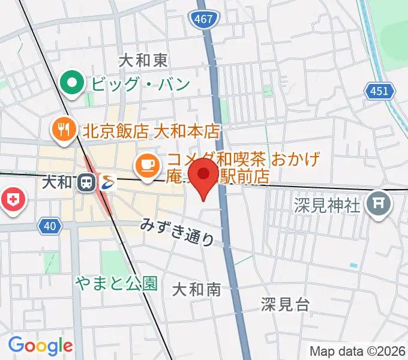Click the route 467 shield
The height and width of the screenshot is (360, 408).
[204, 20]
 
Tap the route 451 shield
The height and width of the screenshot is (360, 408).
[380, 91]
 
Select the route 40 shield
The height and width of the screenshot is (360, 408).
[50, 226]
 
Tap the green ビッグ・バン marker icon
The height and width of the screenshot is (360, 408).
[74, 83]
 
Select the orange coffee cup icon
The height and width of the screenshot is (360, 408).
[147, 164]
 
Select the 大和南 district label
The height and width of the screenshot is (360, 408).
[196, 290]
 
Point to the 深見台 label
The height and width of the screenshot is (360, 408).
[286, 304]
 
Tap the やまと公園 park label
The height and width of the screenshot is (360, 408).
[116, 283]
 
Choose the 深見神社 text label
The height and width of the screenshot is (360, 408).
[328, 206]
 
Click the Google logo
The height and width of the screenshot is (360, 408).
[41, 346]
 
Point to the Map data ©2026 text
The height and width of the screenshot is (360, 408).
[357, 351]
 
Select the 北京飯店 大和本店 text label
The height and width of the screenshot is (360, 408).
[152, 131]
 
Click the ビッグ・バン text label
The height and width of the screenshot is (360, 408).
[140, 83]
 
